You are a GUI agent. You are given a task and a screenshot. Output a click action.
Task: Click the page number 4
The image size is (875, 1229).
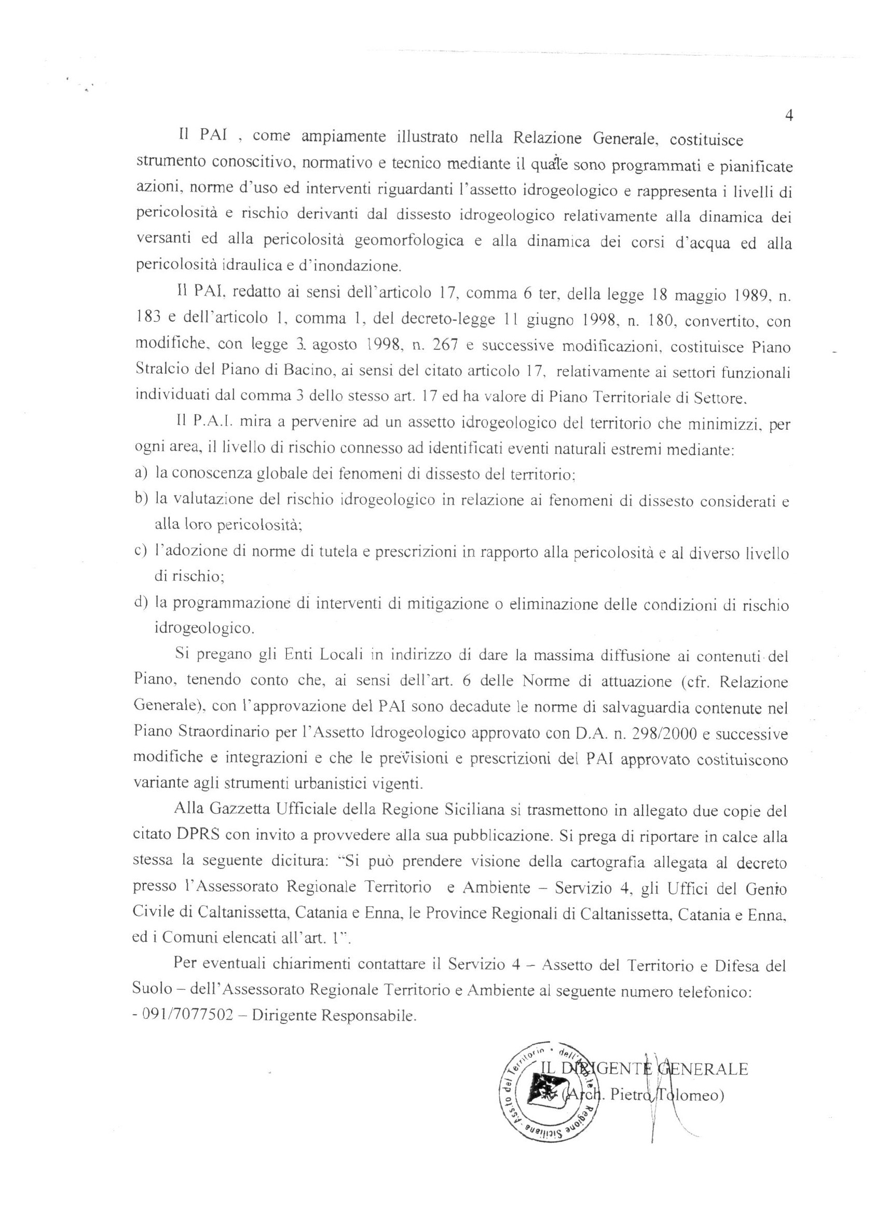click(x=788, y=117)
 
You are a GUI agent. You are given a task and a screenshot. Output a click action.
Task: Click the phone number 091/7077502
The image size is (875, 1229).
click(x=187, y=1016)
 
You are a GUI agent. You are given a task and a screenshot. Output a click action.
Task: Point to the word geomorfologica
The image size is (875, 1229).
click(x=409, y=241)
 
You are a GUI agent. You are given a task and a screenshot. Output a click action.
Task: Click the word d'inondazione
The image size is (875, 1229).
click(x=342, y=266)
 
